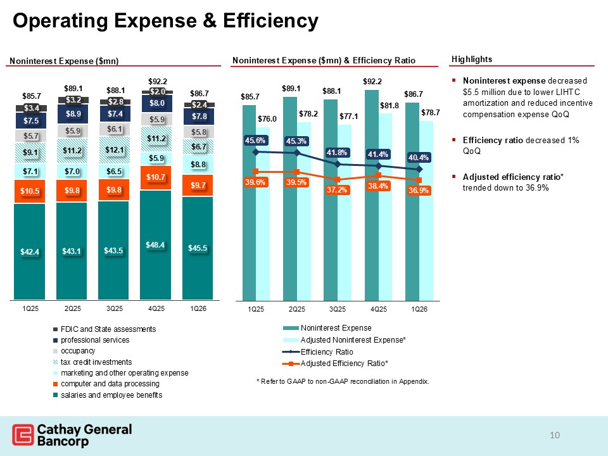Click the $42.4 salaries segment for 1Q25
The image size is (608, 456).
30,251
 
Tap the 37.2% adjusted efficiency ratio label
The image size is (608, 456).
337,190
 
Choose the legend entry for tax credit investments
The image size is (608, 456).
96,362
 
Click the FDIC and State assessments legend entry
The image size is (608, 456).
108,329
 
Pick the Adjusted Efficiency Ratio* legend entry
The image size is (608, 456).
344,364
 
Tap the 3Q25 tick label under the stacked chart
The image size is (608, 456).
114,308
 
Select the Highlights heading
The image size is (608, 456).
472,59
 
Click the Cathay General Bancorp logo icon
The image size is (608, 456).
23,436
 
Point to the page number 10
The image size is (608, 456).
555,435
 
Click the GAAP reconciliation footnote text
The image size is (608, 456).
342,382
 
